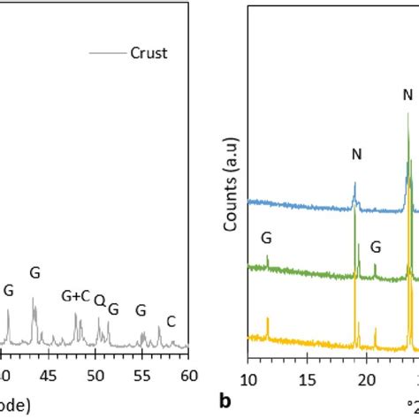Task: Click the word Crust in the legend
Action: pyautogui.click(x=149, y=54)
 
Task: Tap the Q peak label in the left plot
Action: pyautogui.click(x=99, y=301)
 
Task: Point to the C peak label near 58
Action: pyautogui.click(x=171, y=322)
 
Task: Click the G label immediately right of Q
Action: pyautogui.click(x=112, y=310)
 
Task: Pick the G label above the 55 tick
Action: pyautogui.click(x=141, y=310)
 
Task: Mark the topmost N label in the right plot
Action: pyautogui.click(x=407, y=95)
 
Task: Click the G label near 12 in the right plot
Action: pyautogui.click(x=266, y=238)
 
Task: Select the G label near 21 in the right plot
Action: pyautogui.click(x=376, y=247)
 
